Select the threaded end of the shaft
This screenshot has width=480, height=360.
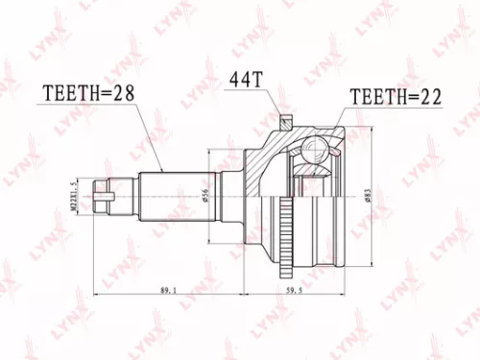[118, 196]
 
